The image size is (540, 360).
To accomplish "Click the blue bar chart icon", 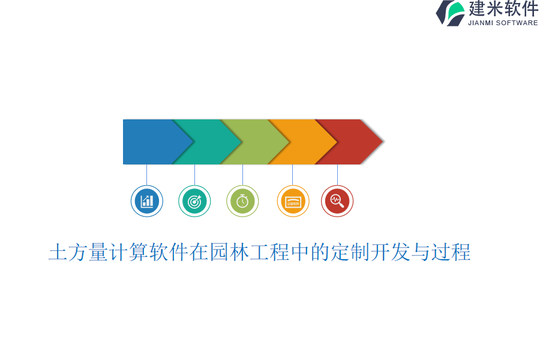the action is click(x=147, y=201).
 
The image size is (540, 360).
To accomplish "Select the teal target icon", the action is click(x=194, y=201).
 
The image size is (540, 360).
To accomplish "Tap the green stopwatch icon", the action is click(x=242, y=201).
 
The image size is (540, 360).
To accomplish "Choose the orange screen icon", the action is click(x=293, y=201).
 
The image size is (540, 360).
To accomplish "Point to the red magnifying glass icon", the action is click(x=337, y=201).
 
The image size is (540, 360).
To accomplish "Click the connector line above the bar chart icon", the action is click(x=147, y=175).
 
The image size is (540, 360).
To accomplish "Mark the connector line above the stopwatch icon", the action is click(x=242, y=175).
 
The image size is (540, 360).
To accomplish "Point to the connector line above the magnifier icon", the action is click(x=337, y=175).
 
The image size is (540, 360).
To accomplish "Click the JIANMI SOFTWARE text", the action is click(x=503, y=23).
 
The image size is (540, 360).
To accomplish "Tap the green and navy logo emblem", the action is click(x=451, y=13).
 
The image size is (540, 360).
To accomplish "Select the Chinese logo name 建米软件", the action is click(x=503, y=8).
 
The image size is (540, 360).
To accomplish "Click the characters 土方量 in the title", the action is click(x=78, y=252).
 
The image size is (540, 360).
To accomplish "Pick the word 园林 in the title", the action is click(x=229, y=252).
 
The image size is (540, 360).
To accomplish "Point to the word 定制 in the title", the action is click(x=350, y=252).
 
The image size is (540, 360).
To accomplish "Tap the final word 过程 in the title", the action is click(x=451, y=252).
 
